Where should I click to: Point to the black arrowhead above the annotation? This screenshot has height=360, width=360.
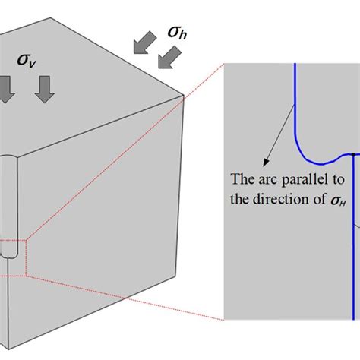264,162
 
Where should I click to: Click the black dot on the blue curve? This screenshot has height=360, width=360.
354,155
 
